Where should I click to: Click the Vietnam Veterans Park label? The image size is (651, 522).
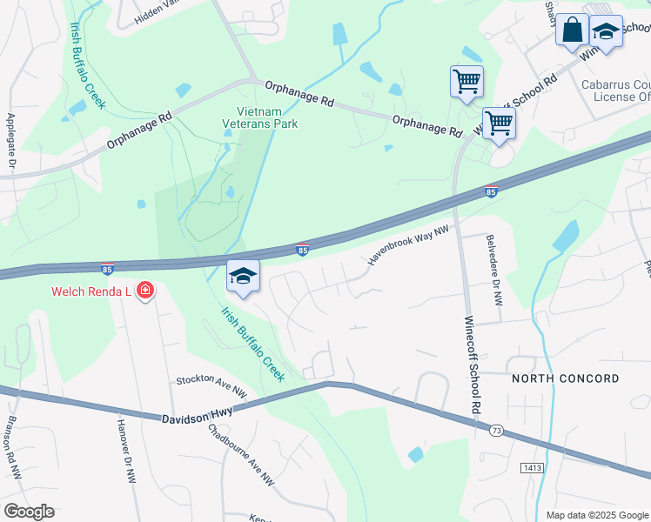point(268,117)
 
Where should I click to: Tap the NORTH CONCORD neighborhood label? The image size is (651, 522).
point(566,378)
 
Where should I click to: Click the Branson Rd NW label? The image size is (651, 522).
point(13,445)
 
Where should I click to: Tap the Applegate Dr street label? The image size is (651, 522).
point(11,140)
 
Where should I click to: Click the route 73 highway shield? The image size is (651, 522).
point(496,431)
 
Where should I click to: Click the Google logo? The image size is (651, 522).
point(29,512)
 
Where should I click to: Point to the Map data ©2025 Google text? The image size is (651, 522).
point(596,515)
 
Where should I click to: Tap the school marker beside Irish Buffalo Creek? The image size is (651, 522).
point(243,277)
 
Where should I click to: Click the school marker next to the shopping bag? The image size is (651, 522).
point(607,32)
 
